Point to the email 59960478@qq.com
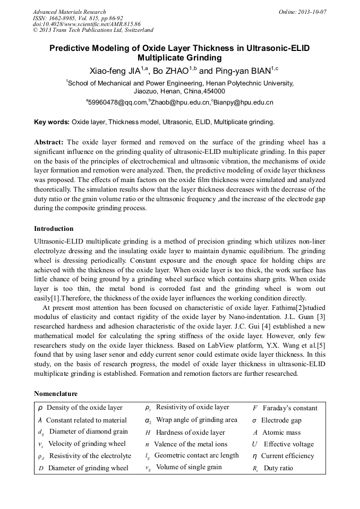(116, 102)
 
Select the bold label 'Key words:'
(52, 122)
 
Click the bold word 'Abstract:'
(49, 142)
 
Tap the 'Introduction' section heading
(54, 229)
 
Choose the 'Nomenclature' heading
(55, 394)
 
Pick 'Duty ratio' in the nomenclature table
(278, 468)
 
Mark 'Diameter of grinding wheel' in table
(88, 468)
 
